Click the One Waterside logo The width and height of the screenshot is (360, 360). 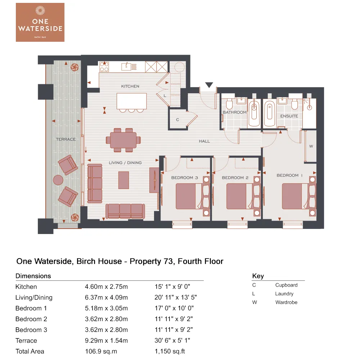(40, 22)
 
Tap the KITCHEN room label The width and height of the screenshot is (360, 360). (130, 86)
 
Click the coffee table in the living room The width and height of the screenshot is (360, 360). (123, 180)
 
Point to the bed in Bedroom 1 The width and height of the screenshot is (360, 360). (295, 196)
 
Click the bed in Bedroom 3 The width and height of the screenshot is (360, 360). (189, 196)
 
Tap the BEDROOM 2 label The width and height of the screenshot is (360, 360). (235, 178)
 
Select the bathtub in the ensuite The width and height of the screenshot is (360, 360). (269, 113)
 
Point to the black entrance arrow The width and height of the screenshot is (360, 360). (209, 85)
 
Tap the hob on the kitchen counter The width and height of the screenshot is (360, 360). (104, 67)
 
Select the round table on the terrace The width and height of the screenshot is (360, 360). (58, 180)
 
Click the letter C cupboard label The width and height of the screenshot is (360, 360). (177, 120)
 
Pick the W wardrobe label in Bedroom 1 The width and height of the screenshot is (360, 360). (311, 146)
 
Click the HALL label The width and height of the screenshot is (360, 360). (204, 141)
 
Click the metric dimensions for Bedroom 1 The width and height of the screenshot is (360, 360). (106, 308)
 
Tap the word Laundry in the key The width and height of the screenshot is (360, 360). (284, 294)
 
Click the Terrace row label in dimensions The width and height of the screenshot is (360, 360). (26, 341)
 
